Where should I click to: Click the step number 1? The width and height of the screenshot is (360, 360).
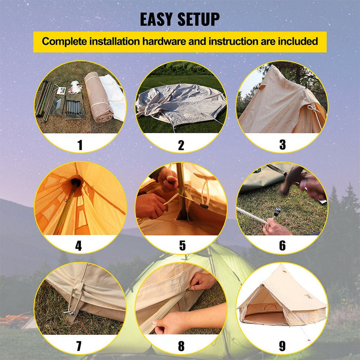80,145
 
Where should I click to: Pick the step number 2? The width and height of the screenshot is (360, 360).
181,145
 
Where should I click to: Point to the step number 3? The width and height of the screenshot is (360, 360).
282,145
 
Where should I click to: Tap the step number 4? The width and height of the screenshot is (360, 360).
79,246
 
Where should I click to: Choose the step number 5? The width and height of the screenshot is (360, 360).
182,246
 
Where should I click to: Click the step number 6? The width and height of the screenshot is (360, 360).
282,246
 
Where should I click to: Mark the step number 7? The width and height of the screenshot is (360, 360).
79,346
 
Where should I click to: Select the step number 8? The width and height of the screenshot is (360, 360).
181,346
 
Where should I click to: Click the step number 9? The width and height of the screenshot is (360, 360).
282,346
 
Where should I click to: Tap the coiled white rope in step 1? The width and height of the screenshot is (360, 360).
75,86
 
